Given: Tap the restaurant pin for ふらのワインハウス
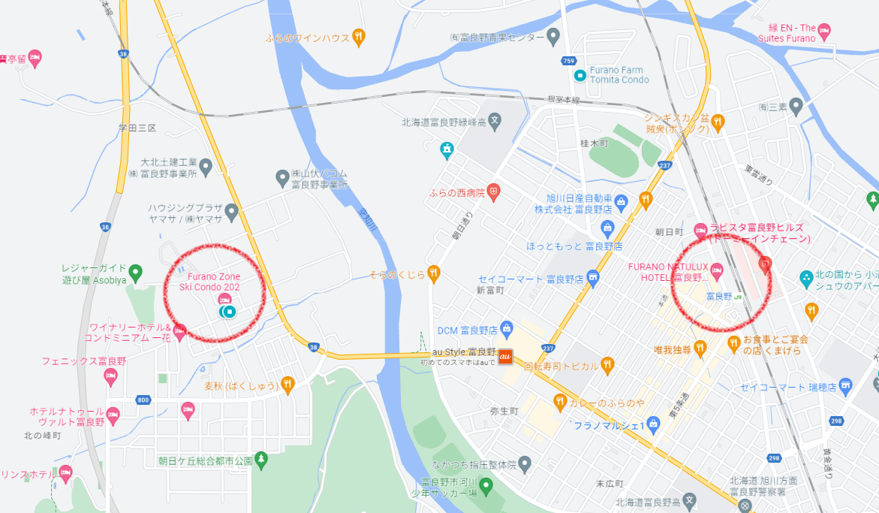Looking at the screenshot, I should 360,37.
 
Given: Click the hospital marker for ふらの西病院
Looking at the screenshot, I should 493,192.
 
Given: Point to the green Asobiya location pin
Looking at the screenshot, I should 135,270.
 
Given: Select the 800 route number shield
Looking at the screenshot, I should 143,400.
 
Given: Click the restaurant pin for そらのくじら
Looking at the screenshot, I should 433,273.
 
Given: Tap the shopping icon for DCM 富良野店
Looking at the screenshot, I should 507,328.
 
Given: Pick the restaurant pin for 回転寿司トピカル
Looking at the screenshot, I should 607,366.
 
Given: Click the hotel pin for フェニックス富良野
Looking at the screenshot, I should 111,376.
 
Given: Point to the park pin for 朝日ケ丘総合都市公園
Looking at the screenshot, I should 261,460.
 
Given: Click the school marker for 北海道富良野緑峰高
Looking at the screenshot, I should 495,120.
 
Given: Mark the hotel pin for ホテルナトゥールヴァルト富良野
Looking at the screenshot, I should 113,414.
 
